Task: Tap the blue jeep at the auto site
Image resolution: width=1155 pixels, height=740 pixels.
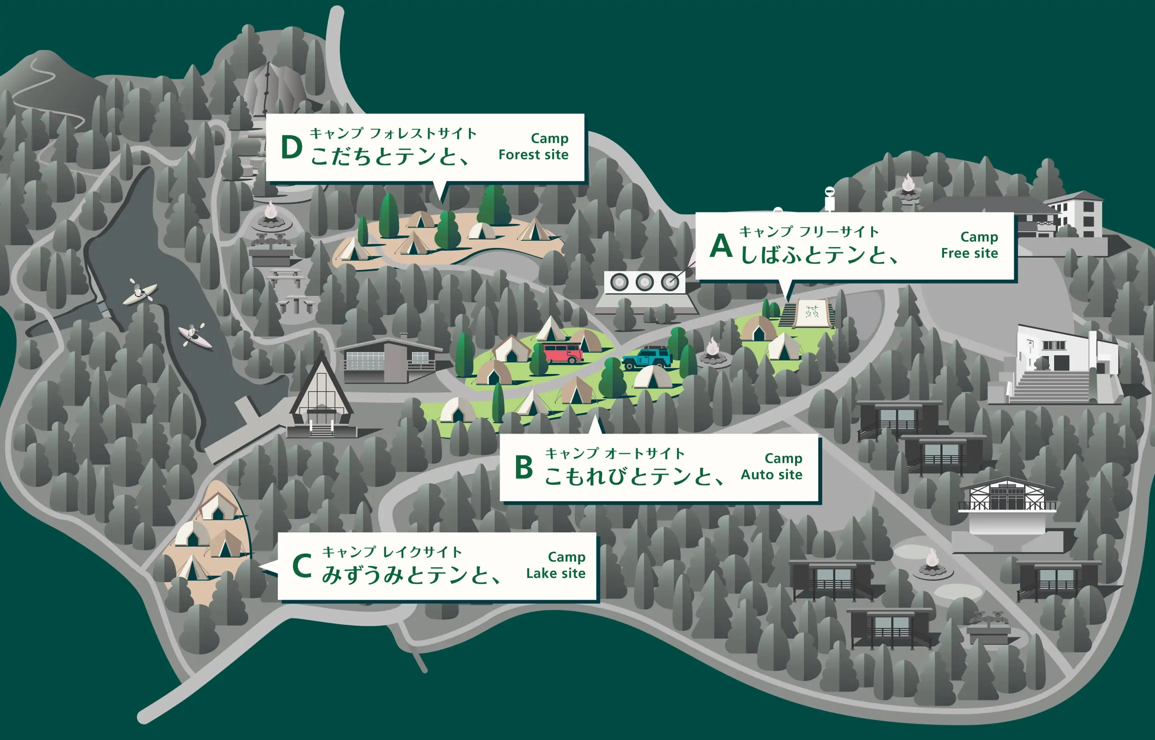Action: point(647,358)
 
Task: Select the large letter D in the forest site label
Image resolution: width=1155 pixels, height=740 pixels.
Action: point(291,147)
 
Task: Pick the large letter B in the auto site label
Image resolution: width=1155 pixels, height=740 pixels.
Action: point(524,467)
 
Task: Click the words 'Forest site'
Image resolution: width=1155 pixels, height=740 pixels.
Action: point(533,155)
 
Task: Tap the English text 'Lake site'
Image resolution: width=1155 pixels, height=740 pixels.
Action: point(556,573)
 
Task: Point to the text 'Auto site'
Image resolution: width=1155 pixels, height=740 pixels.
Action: point(771,475)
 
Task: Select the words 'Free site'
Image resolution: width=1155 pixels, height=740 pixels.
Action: point(970,253)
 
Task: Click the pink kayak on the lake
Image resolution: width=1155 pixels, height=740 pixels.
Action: point(195,335)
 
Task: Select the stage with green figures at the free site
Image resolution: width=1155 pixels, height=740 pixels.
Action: point(811,313)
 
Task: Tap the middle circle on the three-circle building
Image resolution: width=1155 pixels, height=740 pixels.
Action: point(644,282)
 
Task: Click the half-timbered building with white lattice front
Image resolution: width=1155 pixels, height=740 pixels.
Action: point(1006,496)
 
